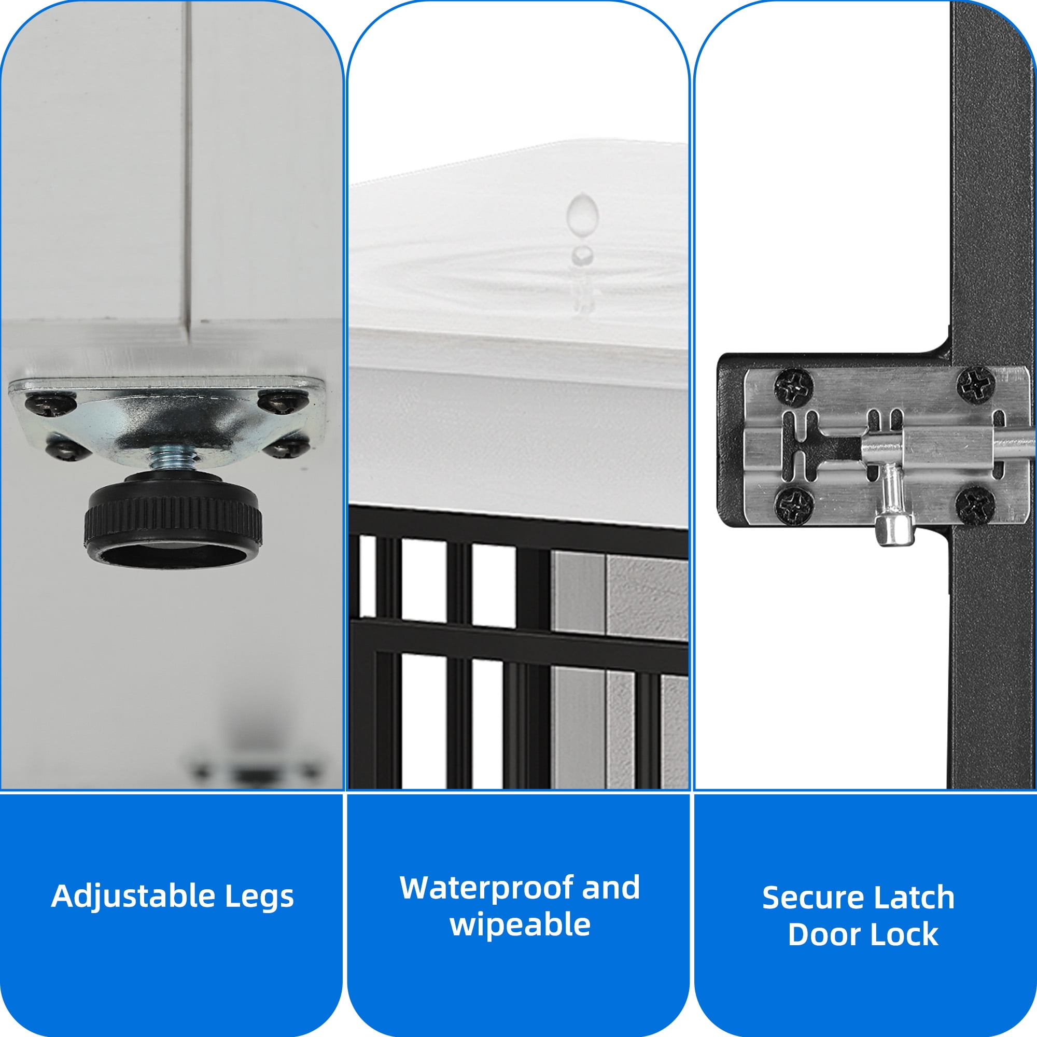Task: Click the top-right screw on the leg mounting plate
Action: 283,401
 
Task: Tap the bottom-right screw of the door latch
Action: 975,504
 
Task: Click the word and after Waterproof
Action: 611,888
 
